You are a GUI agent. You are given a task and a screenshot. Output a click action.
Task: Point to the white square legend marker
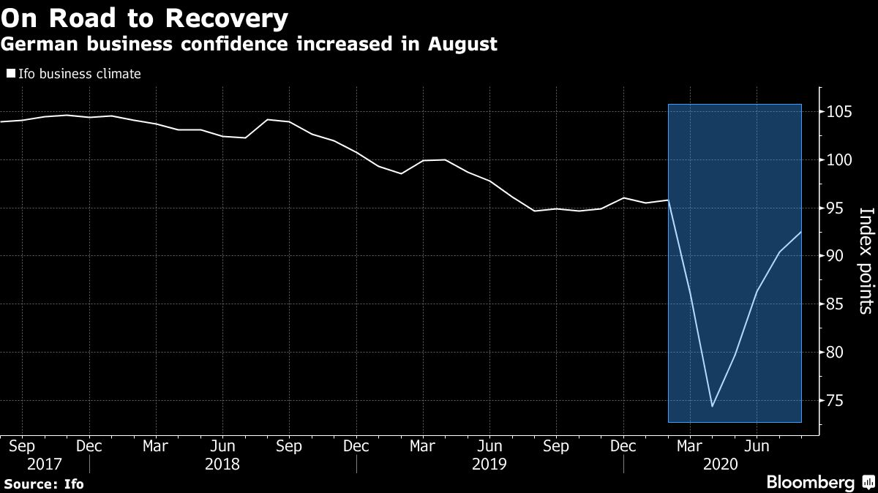(11, 74)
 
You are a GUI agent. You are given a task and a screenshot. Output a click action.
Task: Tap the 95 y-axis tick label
(833, 208)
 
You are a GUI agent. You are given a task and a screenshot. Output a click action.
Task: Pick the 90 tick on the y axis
(833, 256)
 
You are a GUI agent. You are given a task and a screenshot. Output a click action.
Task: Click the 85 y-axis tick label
(833, 304)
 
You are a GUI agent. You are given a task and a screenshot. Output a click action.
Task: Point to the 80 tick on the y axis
(833, 353)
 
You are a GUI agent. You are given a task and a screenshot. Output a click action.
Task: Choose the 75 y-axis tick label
(833, 401)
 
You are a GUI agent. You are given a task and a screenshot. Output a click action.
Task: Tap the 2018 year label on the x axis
(222, 464)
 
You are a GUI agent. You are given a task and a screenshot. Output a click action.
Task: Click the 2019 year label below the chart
(489, 464)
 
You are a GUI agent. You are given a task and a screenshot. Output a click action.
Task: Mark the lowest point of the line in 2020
(712, 406)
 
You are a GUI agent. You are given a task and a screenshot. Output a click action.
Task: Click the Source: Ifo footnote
(44, 484)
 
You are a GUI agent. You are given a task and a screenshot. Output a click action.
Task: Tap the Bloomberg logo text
(810, 482)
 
